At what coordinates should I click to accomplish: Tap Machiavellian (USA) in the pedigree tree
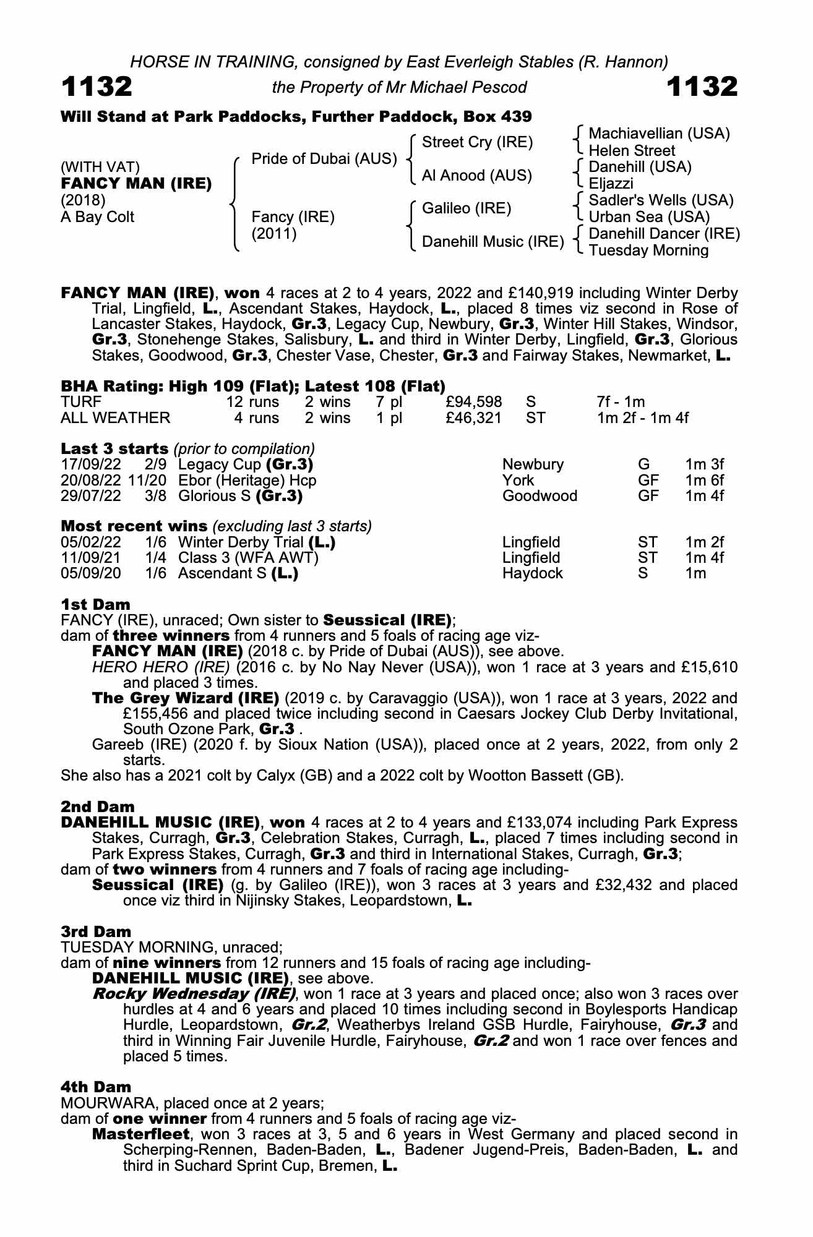click(x=659, y=134)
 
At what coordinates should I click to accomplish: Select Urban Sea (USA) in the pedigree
click(x=649, y=217)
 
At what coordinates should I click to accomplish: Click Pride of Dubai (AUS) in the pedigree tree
click(x=324, y=159)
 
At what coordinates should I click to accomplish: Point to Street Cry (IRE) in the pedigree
click(x=477, y=142)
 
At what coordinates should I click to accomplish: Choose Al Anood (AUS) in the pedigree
click(x=476, y=176)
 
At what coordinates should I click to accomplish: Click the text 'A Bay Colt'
click(x=97, y=217)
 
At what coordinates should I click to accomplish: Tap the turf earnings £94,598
click(x=473, y=403)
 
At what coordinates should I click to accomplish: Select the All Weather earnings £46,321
click(x=473, y=418)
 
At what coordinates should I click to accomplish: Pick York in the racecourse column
click(x=518, y=481)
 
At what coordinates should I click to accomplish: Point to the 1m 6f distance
click(x=704, y=481)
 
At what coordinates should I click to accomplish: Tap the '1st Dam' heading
click(x=95, y=604)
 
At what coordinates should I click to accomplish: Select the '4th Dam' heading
click(x=96, y=1087)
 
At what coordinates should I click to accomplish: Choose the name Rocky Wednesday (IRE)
click(x=194, y=994)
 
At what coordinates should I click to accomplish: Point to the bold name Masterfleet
click(x=140, y=1134)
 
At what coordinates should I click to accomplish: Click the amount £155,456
click(x=157, y=714)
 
